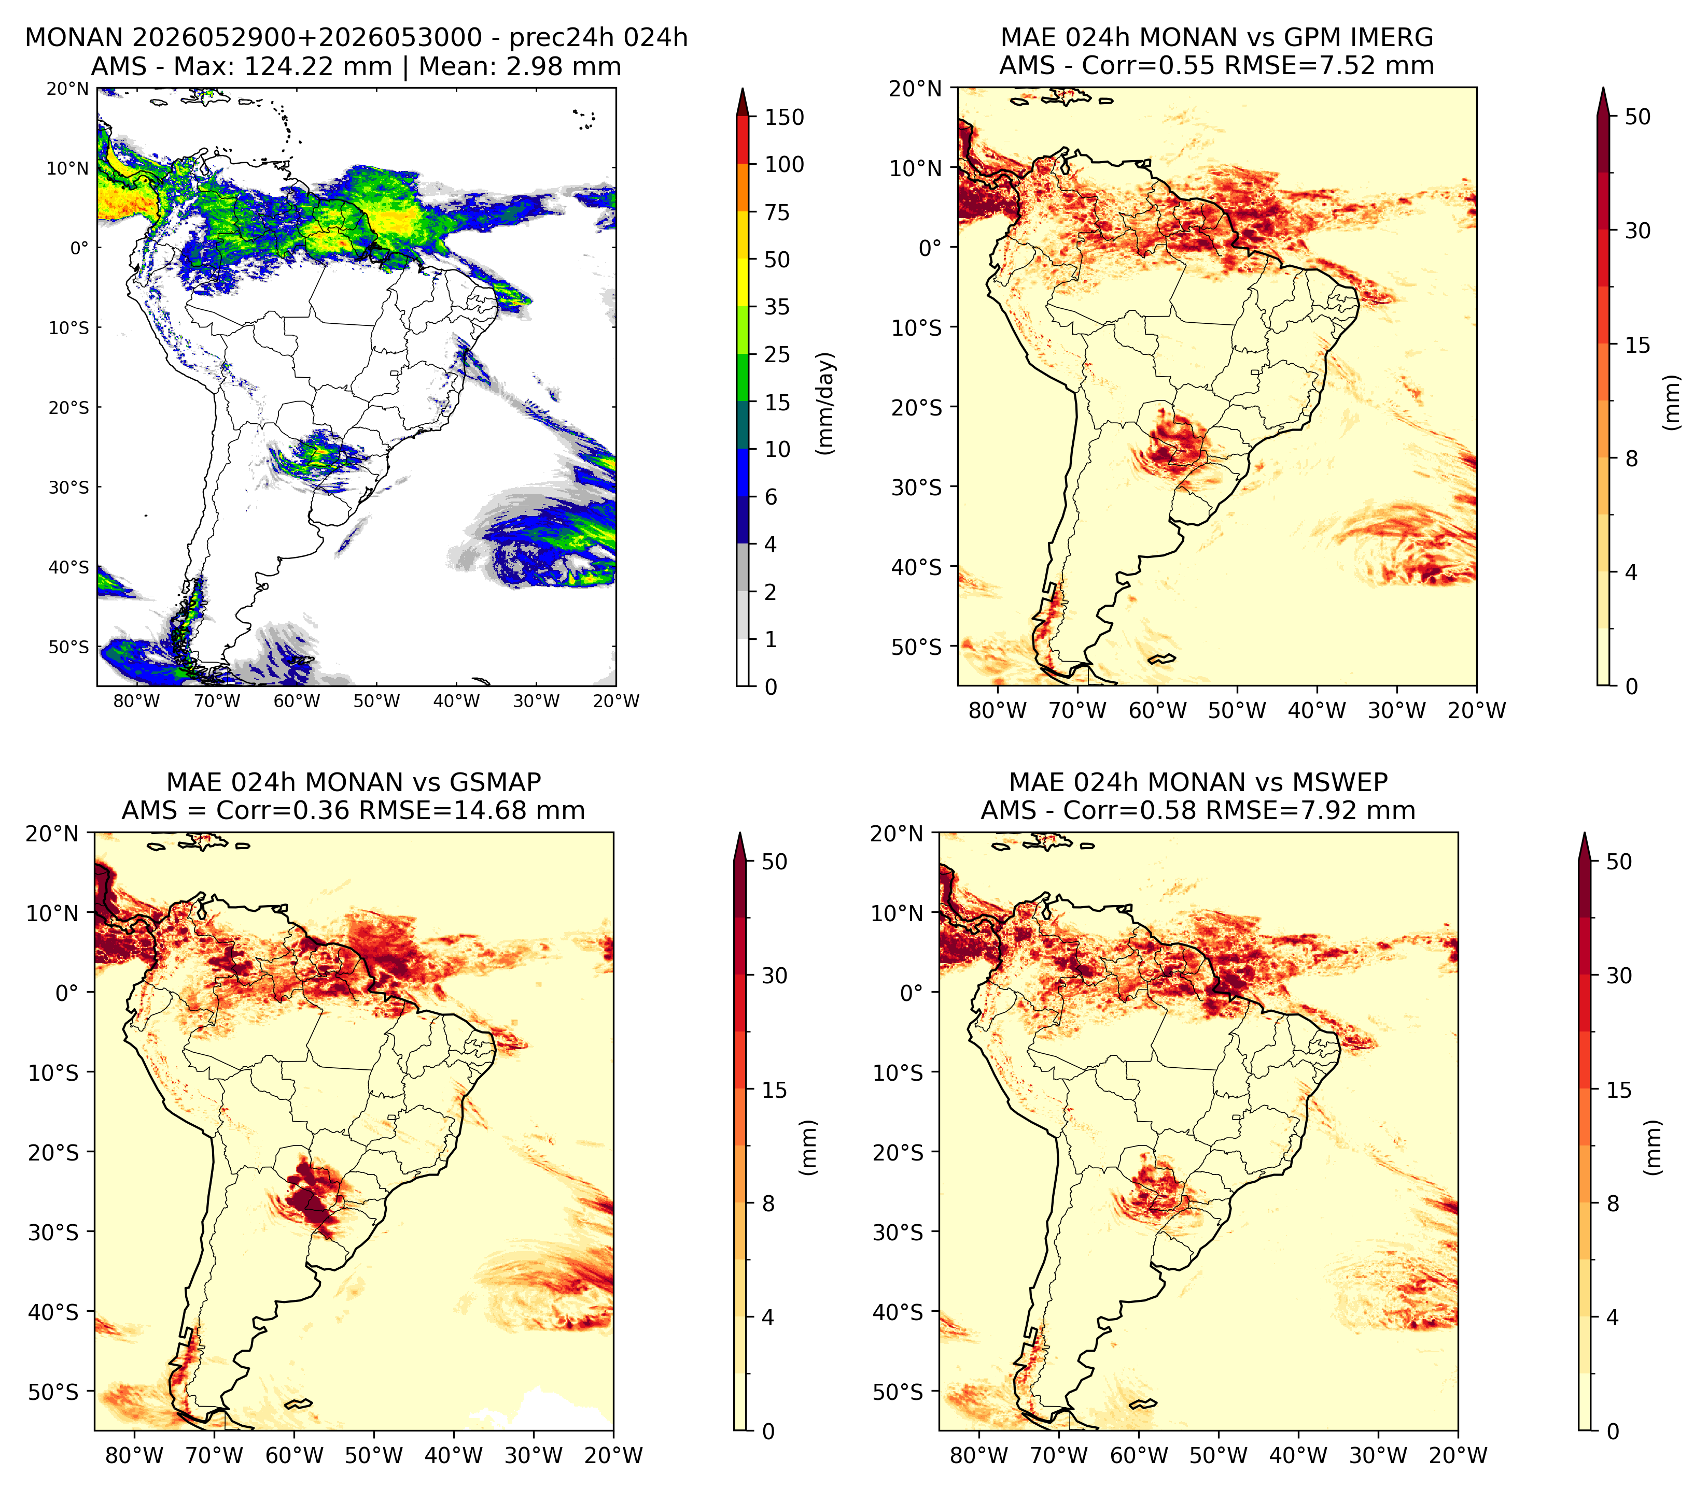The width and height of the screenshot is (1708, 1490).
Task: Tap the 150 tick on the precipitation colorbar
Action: (x=785, y=117)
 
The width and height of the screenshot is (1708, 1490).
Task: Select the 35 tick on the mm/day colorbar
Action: (x=777, y=307)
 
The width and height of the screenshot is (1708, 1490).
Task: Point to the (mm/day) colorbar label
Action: (x=825, y=403)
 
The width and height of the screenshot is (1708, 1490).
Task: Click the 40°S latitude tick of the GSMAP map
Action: (x=53, y=1312)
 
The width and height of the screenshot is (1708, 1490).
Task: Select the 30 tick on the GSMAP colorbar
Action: (x=775, y=976)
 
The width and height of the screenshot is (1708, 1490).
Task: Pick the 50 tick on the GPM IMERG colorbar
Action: (x=1637, y=117)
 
